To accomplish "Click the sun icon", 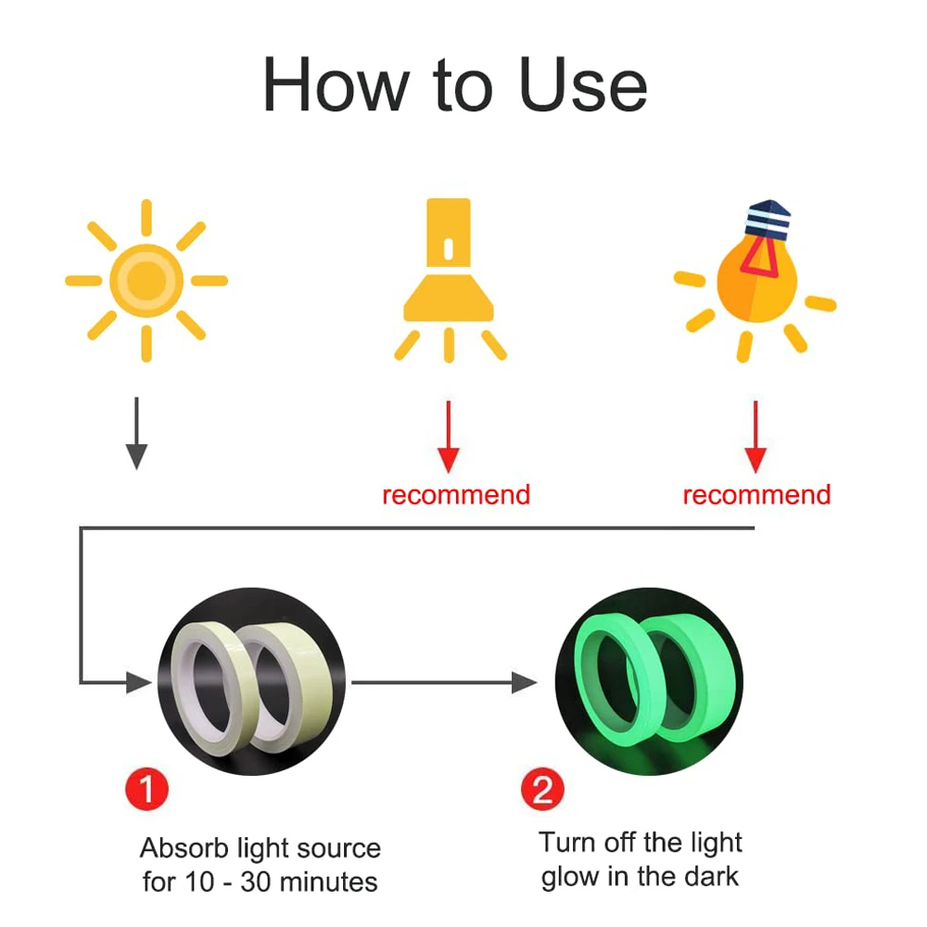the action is tap(146, 279).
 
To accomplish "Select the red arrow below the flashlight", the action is tap(449, 436).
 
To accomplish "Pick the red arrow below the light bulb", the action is tap(756, 436).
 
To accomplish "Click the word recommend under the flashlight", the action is tap(456, 495).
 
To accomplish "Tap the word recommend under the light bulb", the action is tap(756, 495).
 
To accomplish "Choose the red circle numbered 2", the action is tap(542, 790).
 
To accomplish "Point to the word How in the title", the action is tap(335, 85).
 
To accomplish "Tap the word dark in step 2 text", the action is tap(708, 877).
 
